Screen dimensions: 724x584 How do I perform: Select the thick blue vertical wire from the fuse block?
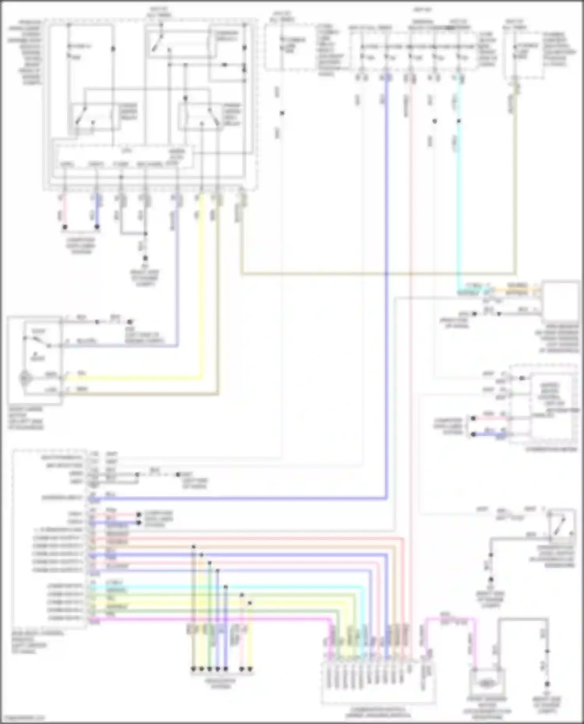(x=387, y=272)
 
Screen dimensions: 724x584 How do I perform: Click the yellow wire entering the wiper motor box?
(x=136, y=377)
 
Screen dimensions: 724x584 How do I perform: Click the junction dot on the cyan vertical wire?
(x=459, y=121)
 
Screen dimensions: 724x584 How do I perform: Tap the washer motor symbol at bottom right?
(x=487, y=683)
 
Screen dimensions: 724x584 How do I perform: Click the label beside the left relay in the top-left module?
(x=128, y=112)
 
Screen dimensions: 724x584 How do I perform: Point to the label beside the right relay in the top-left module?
(x=232, y=114)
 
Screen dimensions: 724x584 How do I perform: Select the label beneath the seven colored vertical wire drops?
(x=221, y=684)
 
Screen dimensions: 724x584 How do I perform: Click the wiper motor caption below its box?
(x=26, y=419)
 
